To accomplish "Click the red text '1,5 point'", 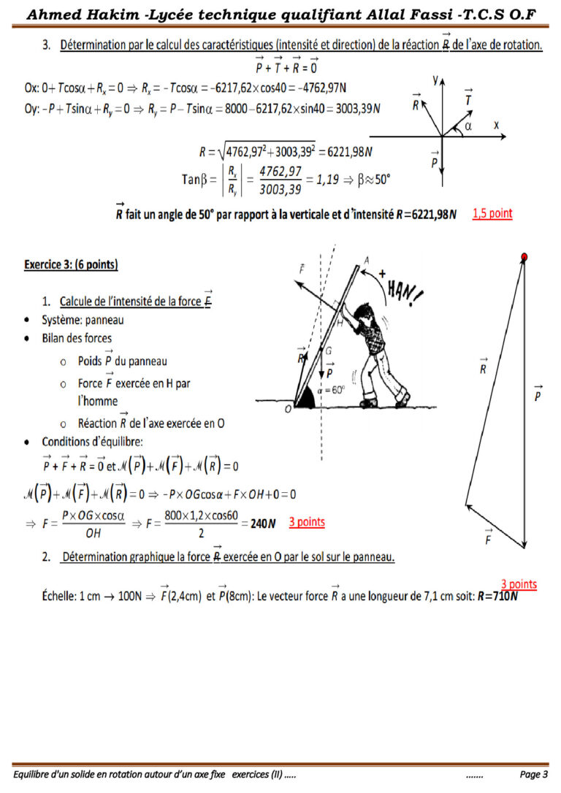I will (492, 214).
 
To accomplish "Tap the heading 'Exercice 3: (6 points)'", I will (71, 264).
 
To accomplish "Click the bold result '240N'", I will (262, 524).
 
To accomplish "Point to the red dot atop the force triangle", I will (524, 256).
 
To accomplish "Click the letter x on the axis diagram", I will (497, 125).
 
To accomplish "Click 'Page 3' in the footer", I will (534, 774).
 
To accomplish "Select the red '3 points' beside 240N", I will (307, 522).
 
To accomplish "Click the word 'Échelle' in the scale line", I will (58, 597).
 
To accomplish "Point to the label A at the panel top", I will (366, 259).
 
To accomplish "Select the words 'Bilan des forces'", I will (77, 338).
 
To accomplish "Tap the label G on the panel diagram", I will (329, 351).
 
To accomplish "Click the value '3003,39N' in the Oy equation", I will (356, 108).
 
